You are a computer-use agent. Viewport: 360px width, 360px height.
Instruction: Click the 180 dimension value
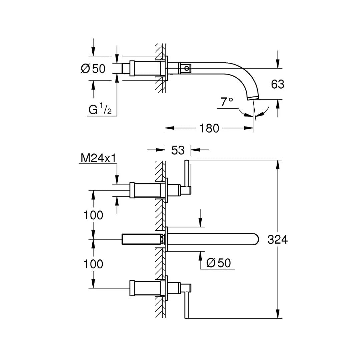click(x=210, y=128)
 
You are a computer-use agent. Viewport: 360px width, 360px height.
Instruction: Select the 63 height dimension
click(x=277, y=84)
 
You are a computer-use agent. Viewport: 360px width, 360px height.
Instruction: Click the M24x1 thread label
click(x=98, y=159)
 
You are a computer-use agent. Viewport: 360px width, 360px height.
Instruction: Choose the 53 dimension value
click(x=178, y=150)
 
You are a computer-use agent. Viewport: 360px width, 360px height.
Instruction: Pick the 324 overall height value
click(x=277, y=239)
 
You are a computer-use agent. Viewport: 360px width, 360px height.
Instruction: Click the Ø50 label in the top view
click(x=93, y=69)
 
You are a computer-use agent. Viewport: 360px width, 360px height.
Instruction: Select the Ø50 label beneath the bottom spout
click(x=218, y=263)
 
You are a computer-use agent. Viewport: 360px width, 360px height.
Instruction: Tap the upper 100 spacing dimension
click(x=93, y=215)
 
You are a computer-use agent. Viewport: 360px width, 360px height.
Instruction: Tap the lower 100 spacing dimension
click(x=93, y=264)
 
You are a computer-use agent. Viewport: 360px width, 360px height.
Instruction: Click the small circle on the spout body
click(x=187, y=69)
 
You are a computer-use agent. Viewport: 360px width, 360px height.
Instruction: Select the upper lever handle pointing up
click(x=187, y=175)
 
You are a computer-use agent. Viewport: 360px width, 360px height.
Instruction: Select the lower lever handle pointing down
click(x=187, y=303)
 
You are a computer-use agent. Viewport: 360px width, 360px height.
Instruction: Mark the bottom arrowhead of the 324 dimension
click(x=277, y=315)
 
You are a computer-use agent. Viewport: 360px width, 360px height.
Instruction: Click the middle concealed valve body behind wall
click(x=142, y=239)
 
